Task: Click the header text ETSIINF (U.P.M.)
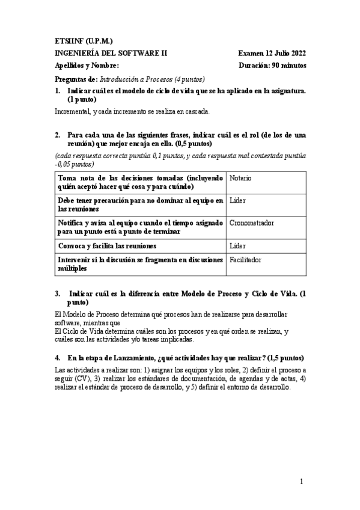[x=83, y=41]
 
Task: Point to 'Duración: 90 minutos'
[x=272, y=65]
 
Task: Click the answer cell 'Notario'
[x=240, y=179]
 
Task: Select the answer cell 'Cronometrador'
[x=252, y=223]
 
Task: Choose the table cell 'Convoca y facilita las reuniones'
[x=107, y=246]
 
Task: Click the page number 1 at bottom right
[x=302, y=482]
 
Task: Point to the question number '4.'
[x=57, y=357]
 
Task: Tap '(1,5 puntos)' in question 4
[x=285, y=357]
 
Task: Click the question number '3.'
[x=57, y=293]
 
